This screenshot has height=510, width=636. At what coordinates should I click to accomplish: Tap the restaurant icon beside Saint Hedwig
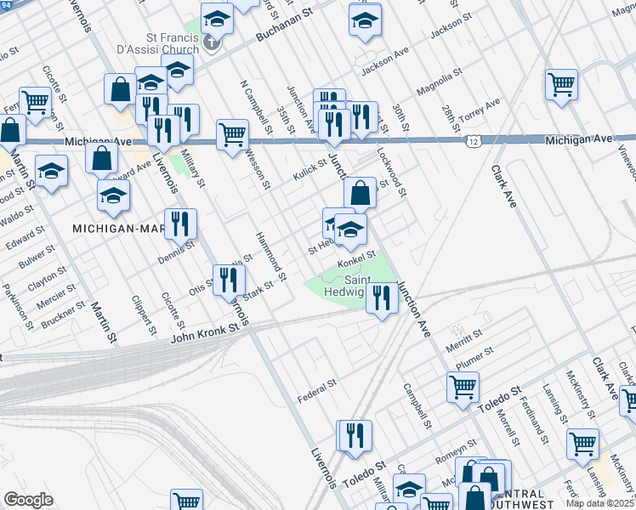(382, 298)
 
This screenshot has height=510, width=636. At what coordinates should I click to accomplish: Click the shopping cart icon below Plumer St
(463, 387)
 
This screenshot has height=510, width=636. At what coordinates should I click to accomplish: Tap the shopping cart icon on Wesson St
(232, 133)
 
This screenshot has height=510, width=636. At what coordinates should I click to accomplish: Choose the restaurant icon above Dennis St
(179, 224)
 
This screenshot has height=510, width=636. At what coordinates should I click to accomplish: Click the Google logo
(28, 500)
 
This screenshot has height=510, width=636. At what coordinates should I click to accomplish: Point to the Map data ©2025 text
(600, 503)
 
